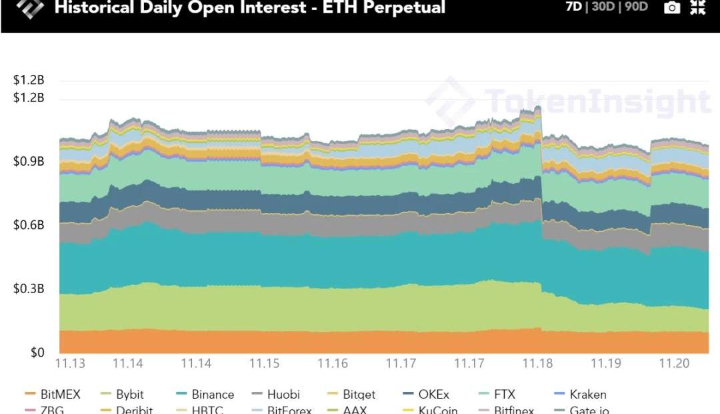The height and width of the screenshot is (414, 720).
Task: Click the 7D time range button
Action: [x=573, y=8]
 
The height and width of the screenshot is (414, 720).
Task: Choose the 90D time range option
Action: [x=637, y=8]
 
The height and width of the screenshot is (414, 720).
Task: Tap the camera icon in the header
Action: [x=673, y=8]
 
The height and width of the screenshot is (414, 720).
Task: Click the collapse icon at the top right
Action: [x=698, y=7]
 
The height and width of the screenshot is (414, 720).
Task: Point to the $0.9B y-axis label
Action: [x=29, y=162]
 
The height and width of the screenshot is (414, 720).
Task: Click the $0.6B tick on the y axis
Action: [x=29, y=226]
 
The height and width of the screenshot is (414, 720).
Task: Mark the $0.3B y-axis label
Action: [x=29, y=289]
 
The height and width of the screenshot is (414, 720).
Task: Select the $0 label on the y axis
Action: [x=37, y=353]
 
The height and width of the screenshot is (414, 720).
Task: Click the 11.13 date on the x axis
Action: [x=69, y=364]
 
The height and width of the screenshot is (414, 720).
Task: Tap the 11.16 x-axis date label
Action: [x=332, y=364]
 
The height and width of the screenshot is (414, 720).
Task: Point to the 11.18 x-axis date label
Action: [x=537, y=364]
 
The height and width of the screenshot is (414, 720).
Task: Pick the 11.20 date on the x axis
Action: [x=673, y=364]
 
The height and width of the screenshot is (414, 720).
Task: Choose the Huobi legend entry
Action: [x=283, y=395]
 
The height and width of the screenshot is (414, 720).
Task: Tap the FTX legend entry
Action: [x=505, y=395]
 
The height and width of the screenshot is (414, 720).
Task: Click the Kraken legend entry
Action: [x=588, y=395]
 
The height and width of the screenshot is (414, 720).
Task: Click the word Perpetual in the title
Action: [x=403, y=8]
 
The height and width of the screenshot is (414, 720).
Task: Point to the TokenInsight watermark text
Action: [x=597, y=102]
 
